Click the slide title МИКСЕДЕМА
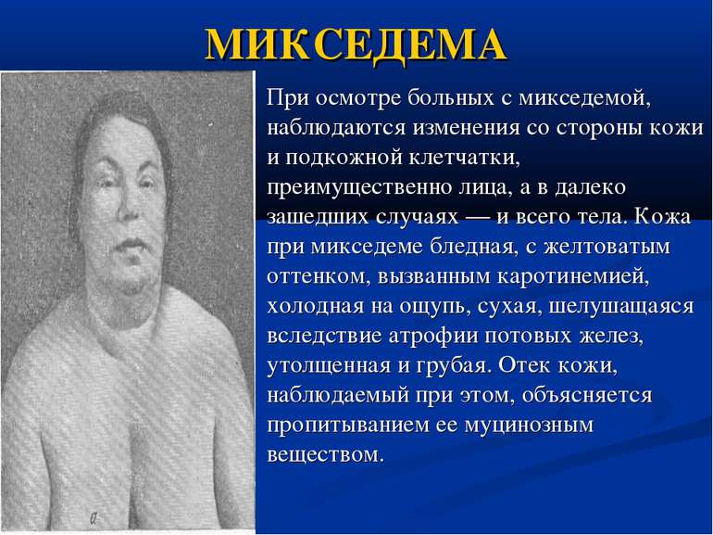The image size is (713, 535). [356, 43]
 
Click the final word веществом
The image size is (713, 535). [323, 455]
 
